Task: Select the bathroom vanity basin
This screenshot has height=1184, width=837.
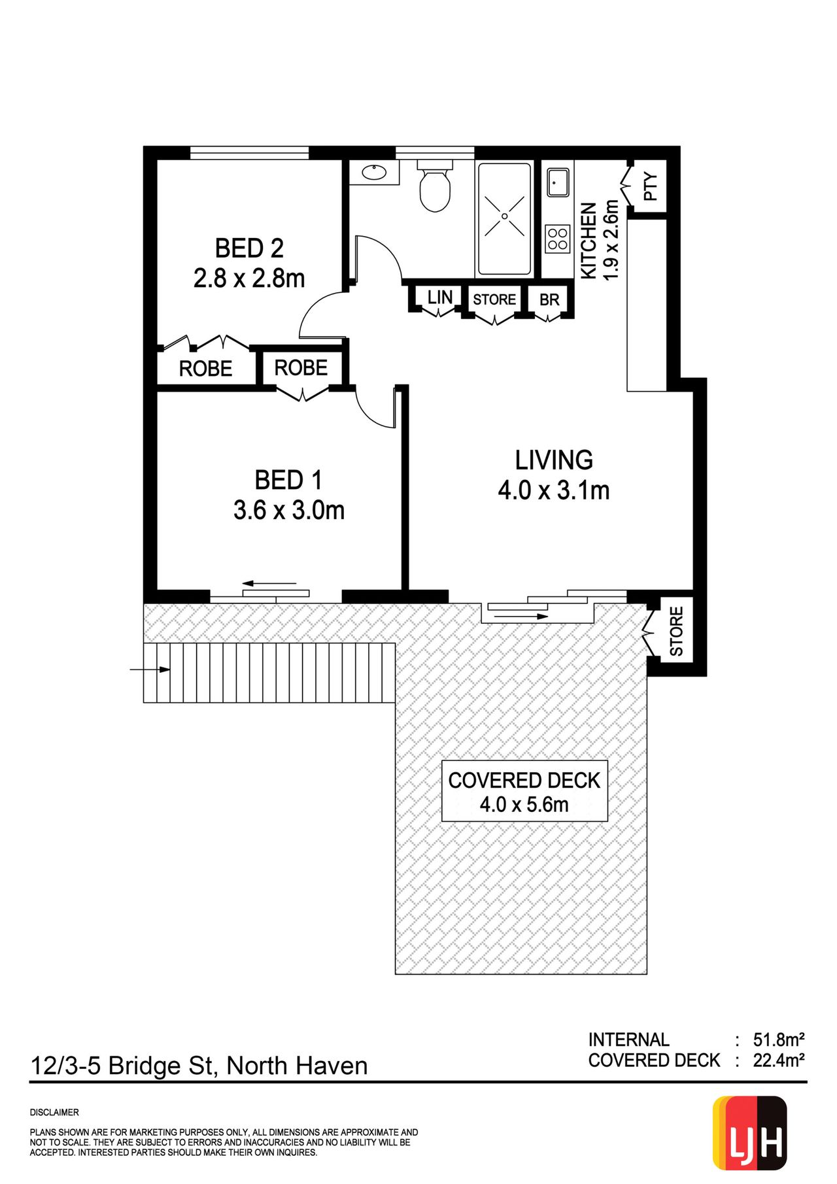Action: coord(373,173)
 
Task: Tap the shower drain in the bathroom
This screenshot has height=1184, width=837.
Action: coord(505,216)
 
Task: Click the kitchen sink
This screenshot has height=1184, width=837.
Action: coord(558,182)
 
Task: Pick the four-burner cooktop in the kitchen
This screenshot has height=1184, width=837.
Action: coord(558,239)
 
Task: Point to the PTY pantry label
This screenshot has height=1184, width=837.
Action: coord(651,186)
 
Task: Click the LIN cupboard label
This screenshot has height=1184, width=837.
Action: coord(440,297)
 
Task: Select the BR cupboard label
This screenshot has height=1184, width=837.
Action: coord(549,299)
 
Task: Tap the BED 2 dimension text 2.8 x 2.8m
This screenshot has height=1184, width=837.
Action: coord(249,279)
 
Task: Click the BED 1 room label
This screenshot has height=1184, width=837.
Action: coord(288,480)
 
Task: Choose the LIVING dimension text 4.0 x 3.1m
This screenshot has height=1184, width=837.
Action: coord(554,490)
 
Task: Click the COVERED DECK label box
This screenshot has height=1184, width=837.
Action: coord(524,791)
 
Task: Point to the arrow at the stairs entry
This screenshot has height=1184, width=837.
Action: coord(150,669)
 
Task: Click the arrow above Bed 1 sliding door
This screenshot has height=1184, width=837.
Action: coord(269,583)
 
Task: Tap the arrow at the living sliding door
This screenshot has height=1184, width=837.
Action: coord(518,617)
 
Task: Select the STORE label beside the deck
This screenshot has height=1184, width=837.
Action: coord(676,632)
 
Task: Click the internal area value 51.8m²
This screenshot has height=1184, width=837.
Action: coord(778,1040)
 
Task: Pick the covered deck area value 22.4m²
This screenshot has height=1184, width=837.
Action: coord(778,1060)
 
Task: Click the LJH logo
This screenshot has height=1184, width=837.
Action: coord(749,1134)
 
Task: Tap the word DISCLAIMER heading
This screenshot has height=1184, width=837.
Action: coord(54,1112)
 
